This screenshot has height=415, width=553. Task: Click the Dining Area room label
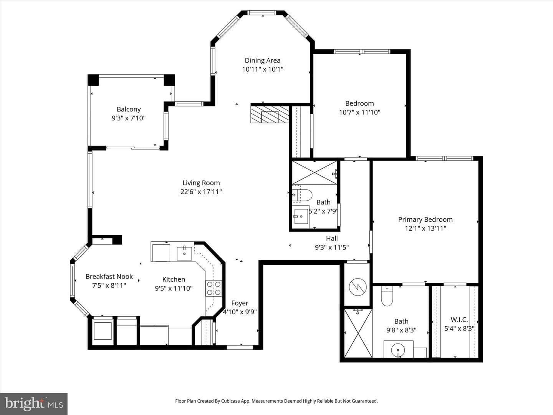click(263, 60)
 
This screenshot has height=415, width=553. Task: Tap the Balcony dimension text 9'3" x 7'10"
click(129, 118)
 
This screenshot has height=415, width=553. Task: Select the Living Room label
click(201, 183)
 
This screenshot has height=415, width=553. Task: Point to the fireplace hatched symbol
click(270, 115)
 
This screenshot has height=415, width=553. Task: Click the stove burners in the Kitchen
click(214, 288)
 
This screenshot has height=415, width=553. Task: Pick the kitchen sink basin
click(184, 254)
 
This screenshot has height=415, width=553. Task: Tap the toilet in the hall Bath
click(302, 195)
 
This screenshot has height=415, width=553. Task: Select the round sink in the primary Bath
click(398, 350)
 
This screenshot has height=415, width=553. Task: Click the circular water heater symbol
click(358, 287)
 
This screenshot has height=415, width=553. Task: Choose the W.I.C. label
click(459, 320)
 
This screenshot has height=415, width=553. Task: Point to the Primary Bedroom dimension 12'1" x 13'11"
click(426, 228)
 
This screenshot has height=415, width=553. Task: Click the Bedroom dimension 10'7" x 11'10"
click(359, 112)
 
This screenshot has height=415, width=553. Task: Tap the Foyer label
click(240, 303)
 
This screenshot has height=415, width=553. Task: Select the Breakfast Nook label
click(109, 276)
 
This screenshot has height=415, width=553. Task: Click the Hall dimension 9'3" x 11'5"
click(332, 247)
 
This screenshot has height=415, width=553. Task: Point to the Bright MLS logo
click(34, 403)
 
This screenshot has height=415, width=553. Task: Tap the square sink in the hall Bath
click(301, 216)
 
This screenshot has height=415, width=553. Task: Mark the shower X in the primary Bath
click(358, 334)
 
